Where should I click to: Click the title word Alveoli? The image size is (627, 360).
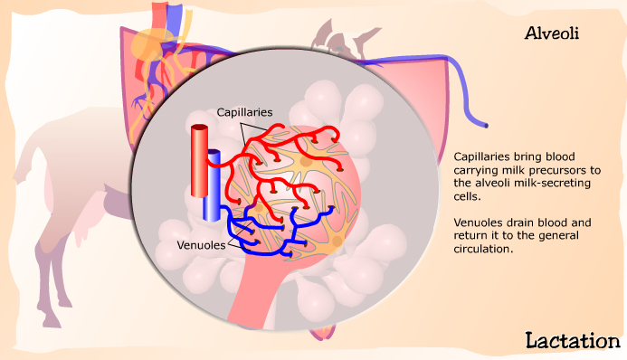pyautogui.click(x=552, y=33)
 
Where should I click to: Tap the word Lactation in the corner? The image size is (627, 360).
pyautogui.click(x=573, y=341)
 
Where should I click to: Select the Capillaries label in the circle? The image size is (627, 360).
pyautogui.click(x=244, y=113)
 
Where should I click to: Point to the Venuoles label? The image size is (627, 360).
pyautogui.click(x=201, y=245)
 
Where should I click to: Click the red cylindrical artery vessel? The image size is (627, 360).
pyautogui.click(x=199, y=161)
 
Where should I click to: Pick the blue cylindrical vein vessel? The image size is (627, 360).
pyautogui.click(x=212, y=185)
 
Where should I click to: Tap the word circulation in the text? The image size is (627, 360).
pyautogui.click(x=483, y=249)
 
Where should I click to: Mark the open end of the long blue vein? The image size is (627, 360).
pyautogui.click(x=486, y=126)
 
